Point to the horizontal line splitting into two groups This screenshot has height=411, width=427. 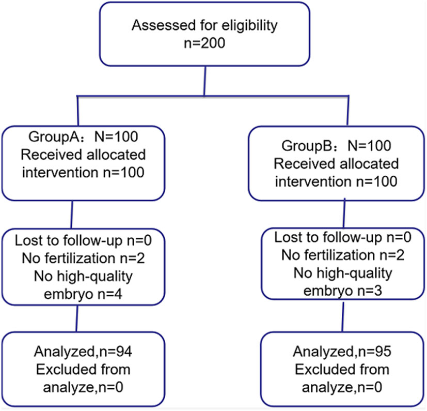tap(207, 96)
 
